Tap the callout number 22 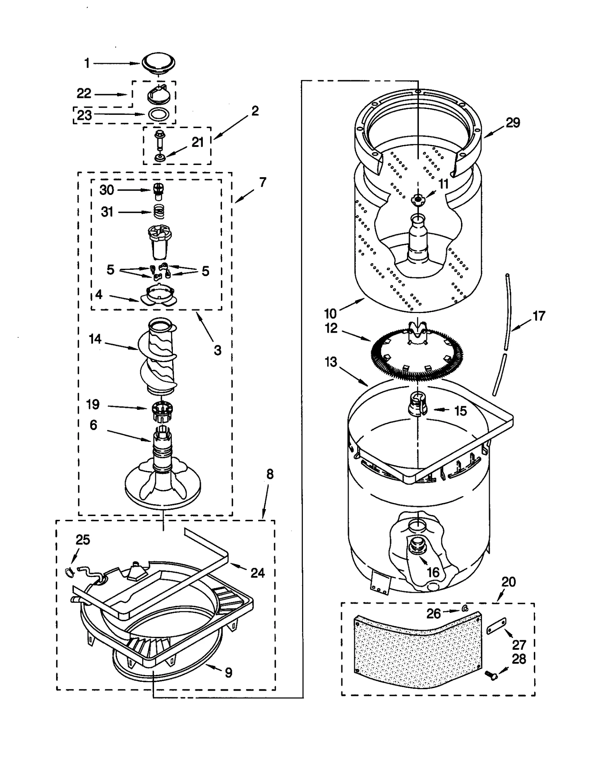[84, 93]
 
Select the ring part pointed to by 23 [159, 114]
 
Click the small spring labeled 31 [158, 212]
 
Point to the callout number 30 [107, 190]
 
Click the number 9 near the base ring [229, 673]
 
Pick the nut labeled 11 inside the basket [417, 199]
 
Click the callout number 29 [513, 123]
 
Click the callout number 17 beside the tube [539, 316]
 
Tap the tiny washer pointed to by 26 [465, 608]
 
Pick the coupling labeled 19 [163, 409]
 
